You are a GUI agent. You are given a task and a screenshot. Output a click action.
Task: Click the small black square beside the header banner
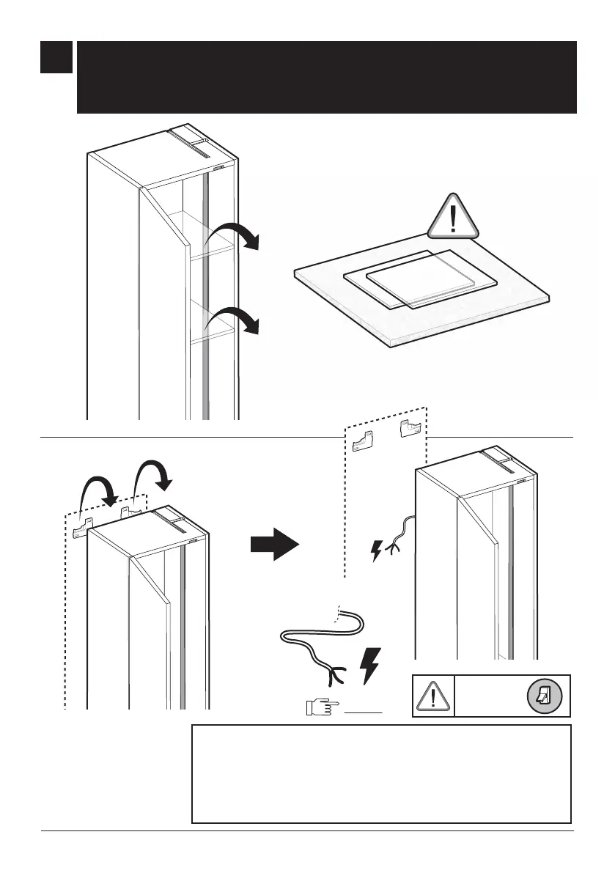tap(56, 57)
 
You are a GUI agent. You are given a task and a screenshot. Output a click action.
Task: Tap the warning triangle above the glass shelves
tap(453, 218)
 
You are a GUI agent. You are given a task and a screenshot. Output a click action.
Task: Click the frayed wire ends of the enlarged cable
tap(339, 671)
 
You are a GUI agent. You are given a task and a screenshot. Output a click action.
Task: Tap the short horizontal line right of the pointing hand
tap(367, 711)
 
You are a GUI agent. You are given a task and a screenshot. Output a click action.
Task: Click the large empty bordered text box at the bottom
tap(381, 774)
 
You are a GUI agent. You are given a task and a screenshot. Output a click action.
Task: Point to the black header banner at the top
tap(327, 77)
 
